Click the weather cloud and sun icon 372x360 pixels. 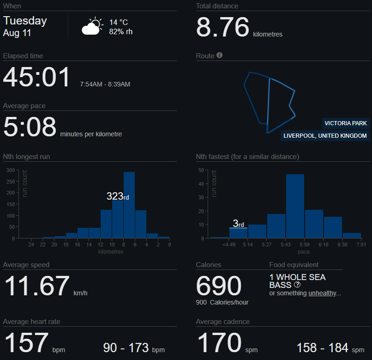(x=92, y=26)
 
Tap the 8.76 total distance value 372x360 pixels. (x=222, y=27)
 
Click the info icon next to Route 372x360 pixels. (x=219, y=55)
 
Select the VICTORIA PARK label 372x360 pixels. (x=346, y=123)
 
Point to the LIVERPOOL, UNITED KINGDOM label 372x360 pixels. (x=325, y=136)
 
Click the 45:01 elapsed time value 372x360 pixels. (x=36, y=77)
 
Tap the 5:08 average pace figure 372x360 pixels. (x=30, y=127)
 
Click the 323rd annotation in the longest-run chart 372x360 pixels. (x=118, y=196)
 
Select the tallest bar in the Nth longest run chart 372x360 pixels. (x=129, y=205)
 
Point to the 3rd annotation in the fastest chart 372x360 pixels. (x=239, y=223)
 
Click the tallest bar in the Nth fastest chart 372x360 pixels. (x=295, y=206)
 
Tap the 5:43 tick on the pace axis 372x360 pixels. (x=285, y=244)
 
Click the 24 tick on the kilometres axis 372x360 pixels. (x=31, y=244)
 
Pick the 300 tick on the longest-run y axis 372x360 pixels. (x=11, y=170)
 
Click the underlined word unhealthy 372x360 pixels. (x=322, y=293)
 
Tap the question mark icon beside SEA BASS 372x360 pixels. (x=297, y=285)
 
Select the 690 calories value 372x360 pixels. (x=219, y=286)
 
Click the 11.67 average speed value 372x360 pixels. (x=37, y=286)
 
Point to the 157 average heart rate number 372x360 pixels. (x=27, y=342)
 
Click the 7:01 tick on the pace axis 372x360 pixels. (x=361, y=244)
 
